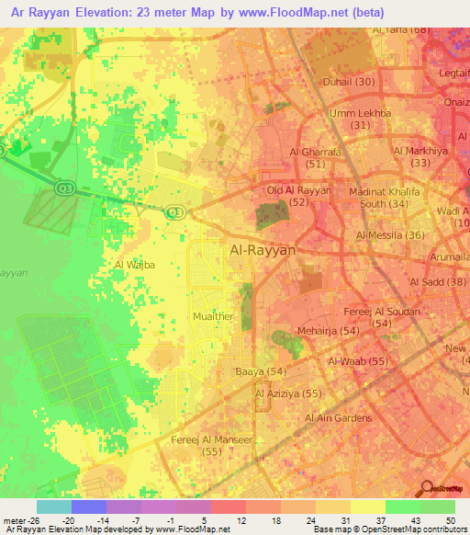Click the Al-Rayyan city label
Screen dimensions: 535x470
(x=262, y=250)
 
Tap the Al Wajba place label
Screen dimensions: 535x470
(x=134, y=265)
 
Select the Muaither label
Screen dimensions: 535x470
(x=212, y=316)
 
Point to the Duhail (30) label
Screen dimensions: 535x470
(x=349, y=82)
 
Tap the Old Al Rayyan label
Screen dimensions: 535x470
(x=298, y=189)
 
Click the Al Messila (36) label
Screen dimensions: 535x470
(x=390, y=235)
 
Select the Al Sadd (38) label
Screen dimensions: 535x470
(x=439, y=281)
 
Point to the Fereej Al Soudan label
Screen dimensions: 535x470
(x=383, y=312)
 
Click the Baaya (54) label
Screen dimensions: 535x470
(x=262, y=371)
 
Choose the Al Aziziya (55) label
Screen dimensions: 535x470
(x=288, y=393)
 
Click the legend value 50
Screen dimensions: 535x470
(x=451, y=519)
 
